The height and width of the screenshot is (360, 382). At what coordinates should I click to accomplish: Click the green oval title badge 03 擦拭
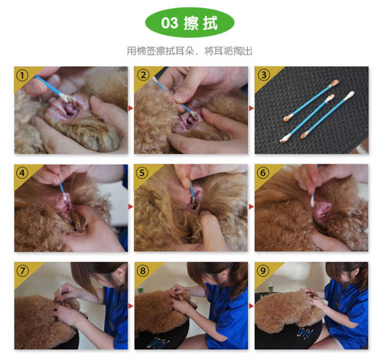[189, 22]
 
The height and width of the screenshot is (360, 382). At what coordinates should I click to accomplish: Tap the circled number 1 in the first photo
[22, 75]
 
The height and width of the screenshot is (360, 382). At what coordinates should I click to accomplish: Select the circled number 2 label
[143, 75]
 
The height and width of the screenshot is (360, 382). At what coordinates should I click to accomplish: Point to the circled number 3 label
[264, 75]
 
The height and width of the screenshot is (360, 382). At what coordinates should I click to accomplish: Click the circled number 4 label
[22, 173]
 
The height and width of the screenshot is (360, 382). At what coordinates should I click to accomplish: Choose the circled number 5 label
[142, 173]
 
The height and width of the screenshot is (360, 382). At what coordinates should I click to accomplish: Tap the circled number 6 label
[263, 173]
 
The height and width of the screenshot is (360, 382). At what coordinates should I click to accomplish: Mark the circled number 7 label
[22, 271]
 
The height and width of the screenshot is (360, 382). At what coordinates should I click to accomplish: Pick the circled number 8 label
[143, 270]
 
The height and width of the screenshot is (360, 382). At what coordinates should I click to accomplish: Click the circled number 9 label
[263, 270]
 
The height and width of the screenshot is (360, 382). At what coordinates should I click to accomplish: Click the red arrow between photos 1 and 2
[131, 108]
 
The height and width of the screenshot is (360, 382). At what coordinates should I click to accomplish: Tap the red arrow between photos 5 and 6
[252, 207]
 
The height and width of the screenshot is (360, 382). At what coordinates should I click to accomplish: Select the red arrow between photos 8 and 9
[252, 306]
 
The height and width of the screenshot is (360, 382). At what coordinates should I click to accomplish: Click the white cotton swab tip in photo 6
[312, 202]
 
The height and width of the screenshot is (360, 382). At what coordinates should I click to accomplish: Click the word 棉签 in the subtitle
[146, 51]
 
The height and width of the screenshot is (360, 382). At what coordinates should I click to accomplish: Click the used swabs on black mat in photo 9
[305, 333]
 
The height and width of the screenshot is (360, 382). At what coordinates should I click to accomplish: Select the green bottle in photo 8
[140, 289]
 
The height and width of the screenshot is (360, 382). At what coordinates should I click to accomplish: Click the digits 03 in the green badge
[170, 23]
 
